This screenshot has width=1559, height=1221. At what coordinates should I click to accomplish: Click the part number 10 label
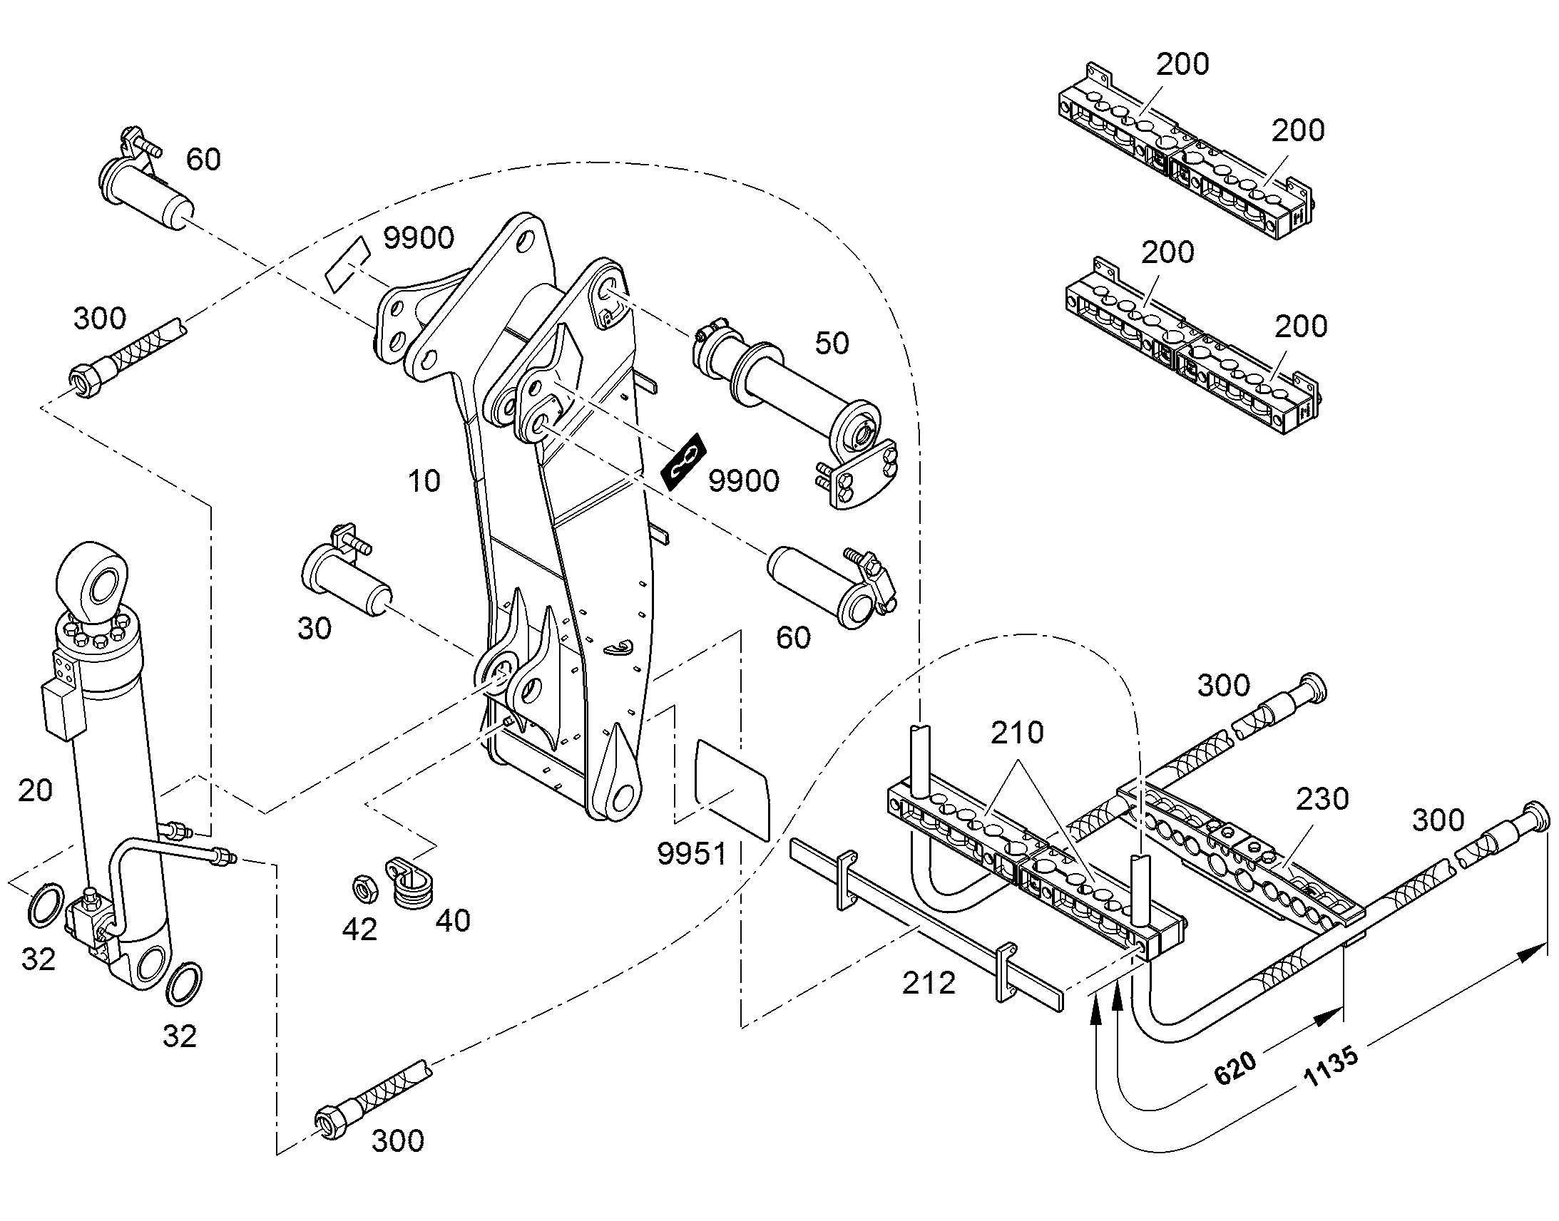(424, 481)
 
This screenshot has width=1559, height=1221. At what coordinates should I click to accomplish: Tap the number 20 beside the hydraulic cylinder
(35, 790)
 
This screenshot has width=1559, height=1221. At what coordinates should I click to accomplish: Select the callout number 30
(315, 629)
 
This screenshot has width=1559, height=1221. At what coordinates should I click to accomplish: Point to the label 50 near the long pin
(832, 343)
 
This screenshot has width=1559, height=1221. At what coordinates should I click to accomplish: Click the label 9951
(692, 854)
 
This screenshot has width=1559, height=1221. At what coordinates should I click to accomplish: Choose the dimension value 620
(1235, 1068)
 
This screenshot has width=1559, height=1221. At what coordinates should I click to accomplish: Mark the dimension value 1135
(1331, 1067)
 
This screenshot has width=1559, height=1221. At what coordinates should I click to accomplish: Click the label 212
(929, 984)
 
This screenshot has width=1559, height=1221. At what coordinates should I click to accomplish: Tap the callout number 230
(1323, 798)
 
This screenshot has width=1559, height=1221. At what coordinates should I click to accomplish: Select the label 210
(1017, 732)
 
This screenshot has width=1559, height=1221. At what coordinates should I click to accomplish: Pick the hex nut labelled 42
(363, 888)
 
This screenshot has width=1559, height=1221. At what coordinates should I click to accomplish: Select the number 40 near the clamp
(454, 921)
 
